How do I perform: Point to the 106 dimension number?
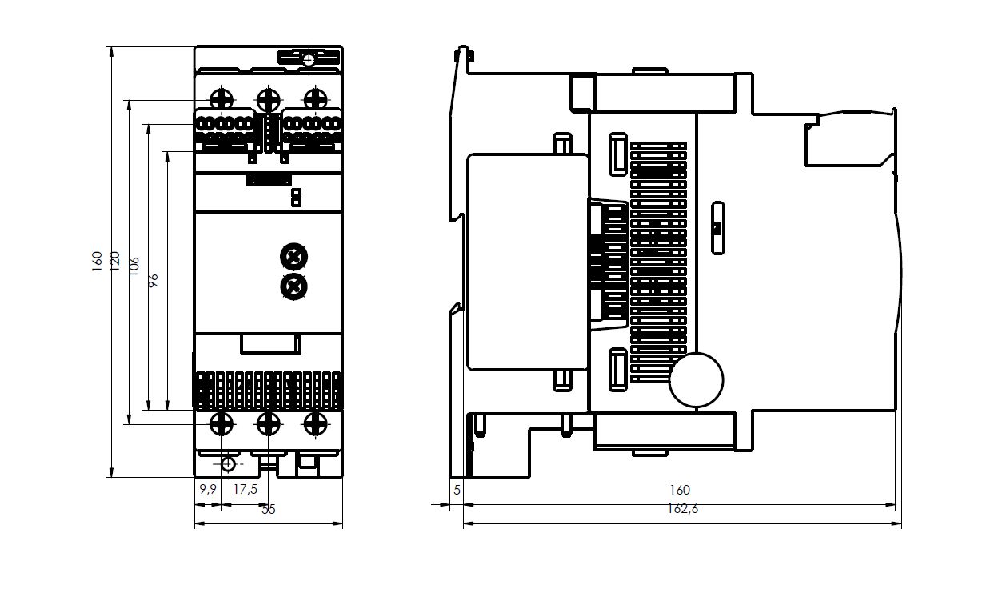(134, 265)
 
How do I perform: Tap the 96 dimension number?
(153, 279)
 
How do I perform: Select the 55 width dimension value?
(268, 509)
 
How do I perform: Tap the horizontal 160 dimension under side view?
(679, 490)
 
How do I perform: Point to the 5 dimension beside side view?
(457, 490)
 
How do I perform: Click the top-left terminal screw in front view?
(221, 99)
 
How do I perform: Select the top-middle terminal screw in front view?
(269, 99)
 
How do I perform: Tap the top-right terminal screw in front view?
(316, 99)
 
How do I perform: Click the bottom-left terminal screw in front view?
(221, 423)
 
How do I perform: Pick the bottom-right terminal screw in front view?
(316, 423)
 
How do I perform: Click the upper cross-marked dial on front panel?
(294, 256)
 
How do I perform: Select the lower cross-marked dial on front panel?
(294, 286)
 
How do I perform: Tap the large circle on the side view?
(696, 380)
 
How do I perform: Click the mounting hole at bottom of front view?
(229, 463)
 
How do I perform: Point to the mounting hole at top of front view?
(309, 58)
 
